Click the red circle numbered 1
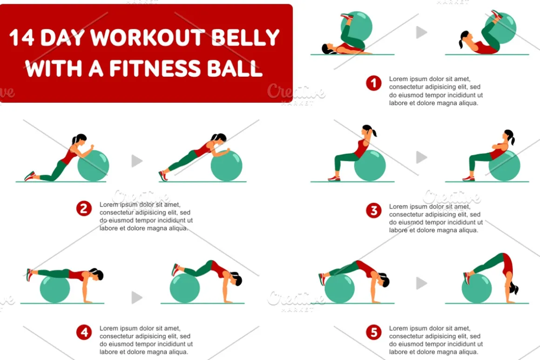point(374,83)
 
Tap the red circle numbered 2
point(84,208)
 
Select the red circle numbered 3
point(374,211)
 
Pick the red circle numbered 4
point(84,333)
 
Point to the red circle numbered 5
point(374,333)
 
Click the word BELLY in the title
point(245,37)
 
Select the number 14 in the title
point(22,37)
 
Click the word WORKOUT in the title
point(148,37)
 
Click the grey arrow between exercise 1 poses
point(421,33)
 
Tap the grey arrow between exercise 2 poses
point(137,161)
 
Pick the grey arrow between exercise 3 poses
point(421,157)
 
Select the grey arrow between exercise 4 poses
point(137,298)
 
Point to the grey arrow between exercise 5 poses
point(421,283)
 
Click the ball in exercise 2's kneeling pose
point(93,166)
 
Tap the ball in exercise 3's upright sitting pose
point(370,166)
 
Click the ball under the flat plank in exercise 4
point(55,288)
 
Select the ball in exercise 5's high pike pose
point(477,288)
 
